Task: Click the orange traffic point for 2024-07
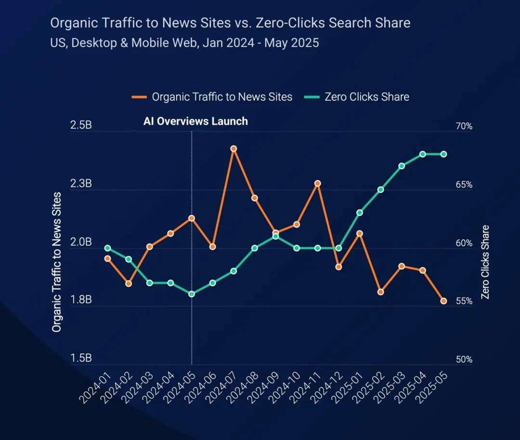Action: [x=234, y=149]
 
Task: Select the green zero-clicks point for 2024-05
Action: [x=192, y=294]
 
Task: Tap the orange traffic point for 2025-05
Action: [x=443, y=301]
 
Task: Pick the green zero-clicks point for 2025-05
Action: [x=443, y=154]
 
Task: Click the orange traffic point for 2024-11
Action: [x=317, y=183]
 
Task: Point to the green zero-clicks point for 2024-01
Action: [x=108, y=248]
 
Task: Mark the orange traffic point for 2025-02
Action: [x=380, y=292]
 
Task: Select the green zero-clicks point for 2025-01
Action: [x=360, y=212]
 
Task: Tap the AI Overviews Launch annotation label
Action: [x=195, y=121]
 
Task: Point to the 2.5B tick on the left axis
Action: [x=81, y=126]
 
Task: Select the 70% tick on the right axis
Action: [x=464, y=126]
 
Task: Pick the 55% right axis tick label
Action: [x=464, y=301]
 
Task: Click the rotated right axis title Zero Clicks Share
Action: [x=485, y=262]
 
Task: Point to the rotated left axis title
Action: [x=57, y=262]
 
